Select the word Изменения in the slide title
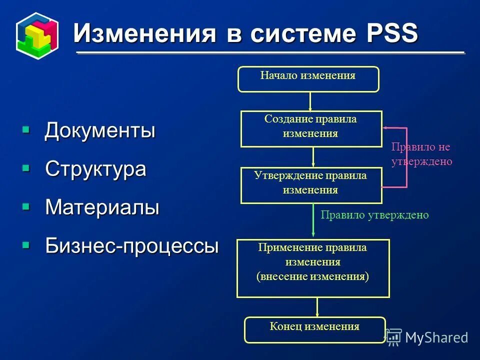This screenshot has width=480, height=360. pyautogui.click(x=145, y=33)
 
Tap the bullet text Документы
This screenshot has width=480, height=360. pyautogui.click(x=100, y=131)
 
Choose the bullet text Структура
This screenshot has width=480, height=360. pyautogui.click(x=95, y=168)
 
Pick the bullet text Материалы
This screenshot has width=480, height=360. pyautogui.click(x=102, y=207)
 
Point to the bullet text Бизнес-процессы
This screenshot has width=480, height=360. pyautogui.click(x=132, y=245)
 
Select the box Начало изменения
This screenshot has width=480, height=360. pyautogui.click(x=308, y=79)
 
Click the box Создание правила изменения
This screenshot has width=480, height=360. pyautogui.click(x=311, y=129)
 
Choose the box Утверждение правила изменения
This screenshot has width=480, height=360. pyautogui.click(x=311, y=185)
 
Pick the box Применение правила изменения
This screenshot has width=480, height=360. pyautogui.click(x=312, y=268)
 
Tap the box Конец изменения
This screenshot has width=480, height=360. pyautogui.click(x=314, y=329)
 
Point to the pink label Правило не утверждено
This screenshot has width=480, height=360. pyautogui.click(x=421, y=154)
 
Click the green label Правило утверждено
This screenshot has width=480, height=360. pyautogui.click(x=374, y=215)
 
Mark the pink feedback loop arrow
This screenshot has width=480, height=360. pyautogui.click(x=406, y=157)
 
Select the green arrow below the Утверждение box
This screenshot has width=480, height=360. pyautogui.click(x=313, y=220)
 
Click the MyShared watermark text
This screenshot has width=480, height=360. pyautogui.click(x=436, y=337)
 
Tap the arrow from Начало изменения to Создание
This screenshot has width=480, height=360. pyautogui.click(x=310, y=101)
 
